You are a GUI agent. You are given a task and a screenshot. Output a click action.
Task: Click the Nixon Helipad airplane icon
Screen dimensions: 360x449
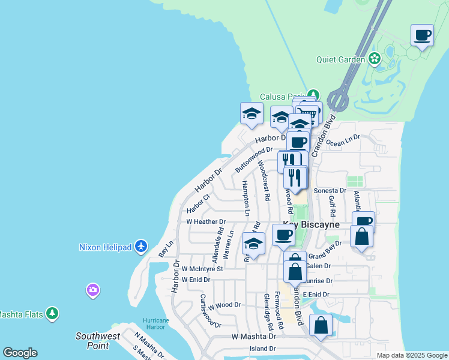click(141, 246)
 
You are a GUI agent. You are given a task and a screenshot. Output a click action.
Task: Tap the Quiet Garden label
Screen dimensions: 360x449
click(341, 59)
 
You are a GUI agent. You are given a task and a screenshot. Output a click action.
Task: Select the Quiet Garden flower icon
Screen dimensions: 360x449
click(375, 59)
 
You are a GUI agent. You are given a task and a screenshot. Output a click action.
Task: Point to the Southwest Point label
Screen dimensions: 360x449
click(97, 340)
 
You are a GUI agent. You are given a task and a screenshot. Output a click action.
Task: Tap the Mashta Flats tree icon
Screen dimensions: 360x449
click(53, 313)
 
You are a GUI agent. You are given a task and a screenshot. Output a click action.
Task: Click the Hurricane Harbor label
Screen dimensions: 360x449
click(156, 325)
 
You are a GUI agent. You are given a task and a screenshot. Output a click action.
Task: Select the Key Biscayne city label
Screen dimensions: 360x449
click(312, 224)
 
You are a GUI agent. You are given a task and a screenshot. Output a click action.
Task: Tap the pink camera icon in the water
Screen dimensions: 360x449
click(92, 290)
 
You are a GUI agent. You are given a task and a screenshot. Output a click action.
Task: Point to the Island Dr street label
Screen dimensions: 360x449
click(263, 349)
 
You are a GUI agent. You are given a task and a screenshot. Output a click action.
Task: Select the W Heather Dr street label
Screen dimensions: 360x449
click(206, 222)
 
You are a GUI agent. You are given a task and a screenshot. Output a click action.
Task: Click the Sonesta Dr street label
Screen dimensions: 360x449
click(330, 190)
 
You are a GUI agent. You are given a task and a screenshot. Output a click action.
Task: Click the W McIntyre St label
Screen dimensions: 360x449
click(202, 269)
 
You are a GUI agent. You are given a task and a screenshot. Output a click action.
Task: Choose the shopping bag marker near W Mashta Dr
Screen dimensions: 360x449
click(321, 325)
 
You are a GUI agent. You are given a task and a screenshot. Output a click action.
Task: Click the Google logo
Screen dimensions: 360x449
click(20, 353)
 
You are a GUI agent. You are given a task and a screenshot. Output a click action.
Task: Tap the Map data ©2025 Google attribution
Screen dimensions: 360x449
click(412, 355)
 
